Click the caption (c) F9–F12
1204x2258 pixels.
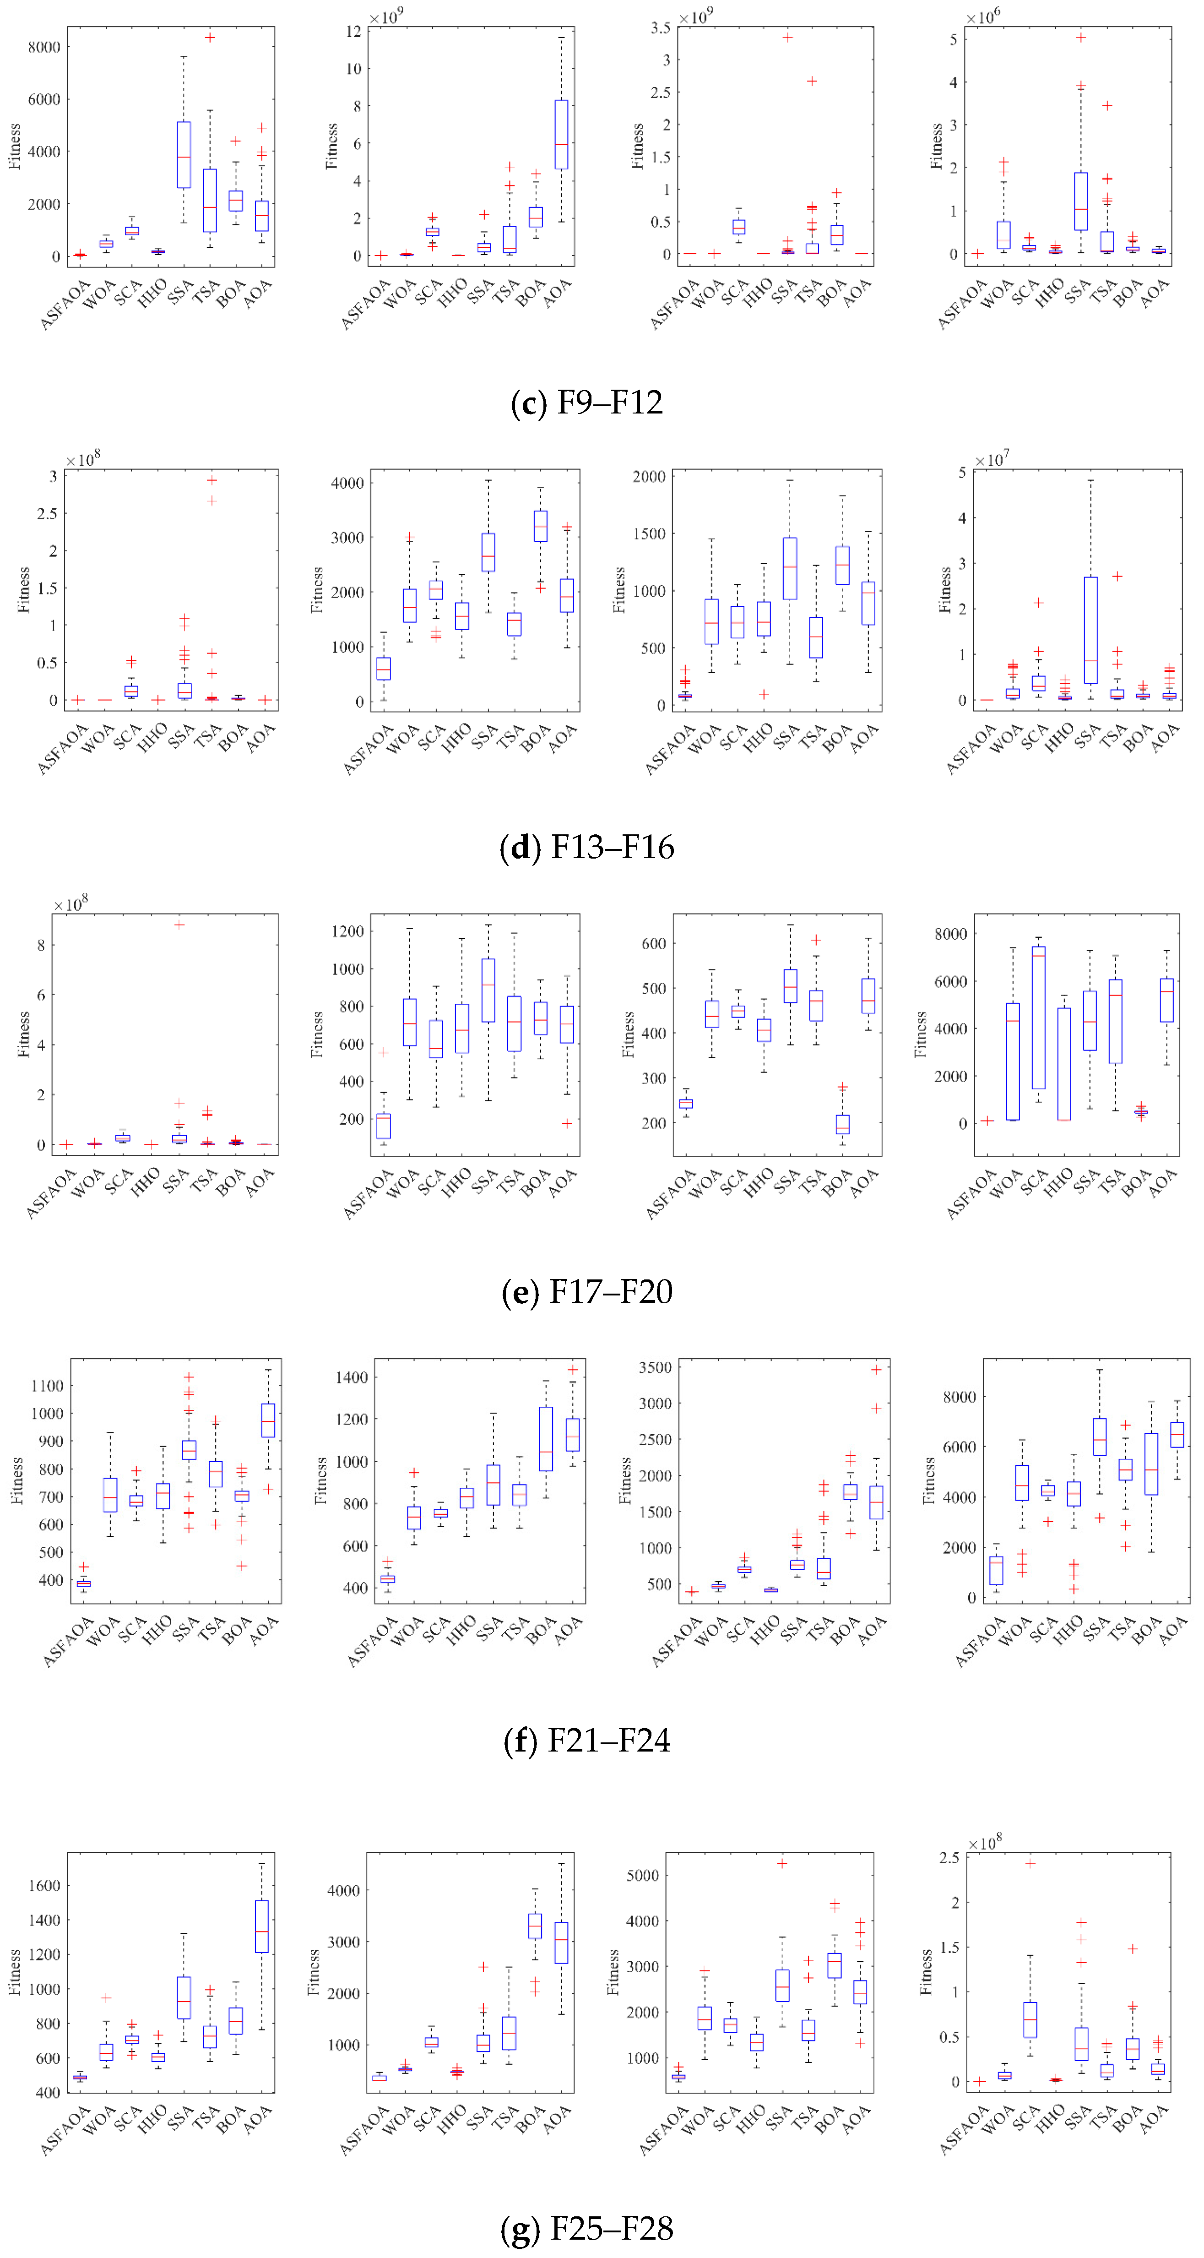586,403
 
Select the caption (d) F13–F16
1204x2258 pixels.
586,847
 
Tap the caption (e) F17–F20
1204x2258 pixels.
586,1291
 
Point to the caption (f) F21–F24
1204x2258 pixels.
586,1740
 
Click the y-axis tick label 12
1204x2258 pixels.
353,32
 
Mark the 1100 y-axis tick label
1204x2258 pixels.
47,1386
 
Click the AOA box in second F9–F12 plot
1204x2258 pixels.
561,134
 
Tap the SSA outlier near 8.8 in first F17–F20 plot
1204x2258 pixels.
179,924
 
